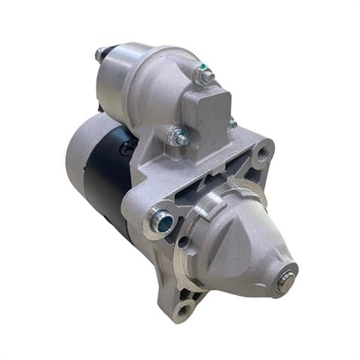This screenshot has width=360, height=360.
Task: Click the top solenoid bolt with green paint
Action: click(x=203, y=75)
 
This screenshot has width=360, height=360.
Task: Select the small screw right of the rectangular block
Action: click(x=233, y=123)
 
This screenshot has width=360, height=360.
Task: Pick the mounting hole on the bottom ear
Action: click(x=182, y=308)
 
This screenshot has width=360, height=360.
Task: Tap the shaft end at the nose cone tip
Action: click(x=285, y=278)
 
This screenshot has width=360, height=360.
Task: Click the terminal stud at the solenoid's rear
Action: click(x=100, y=54)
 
